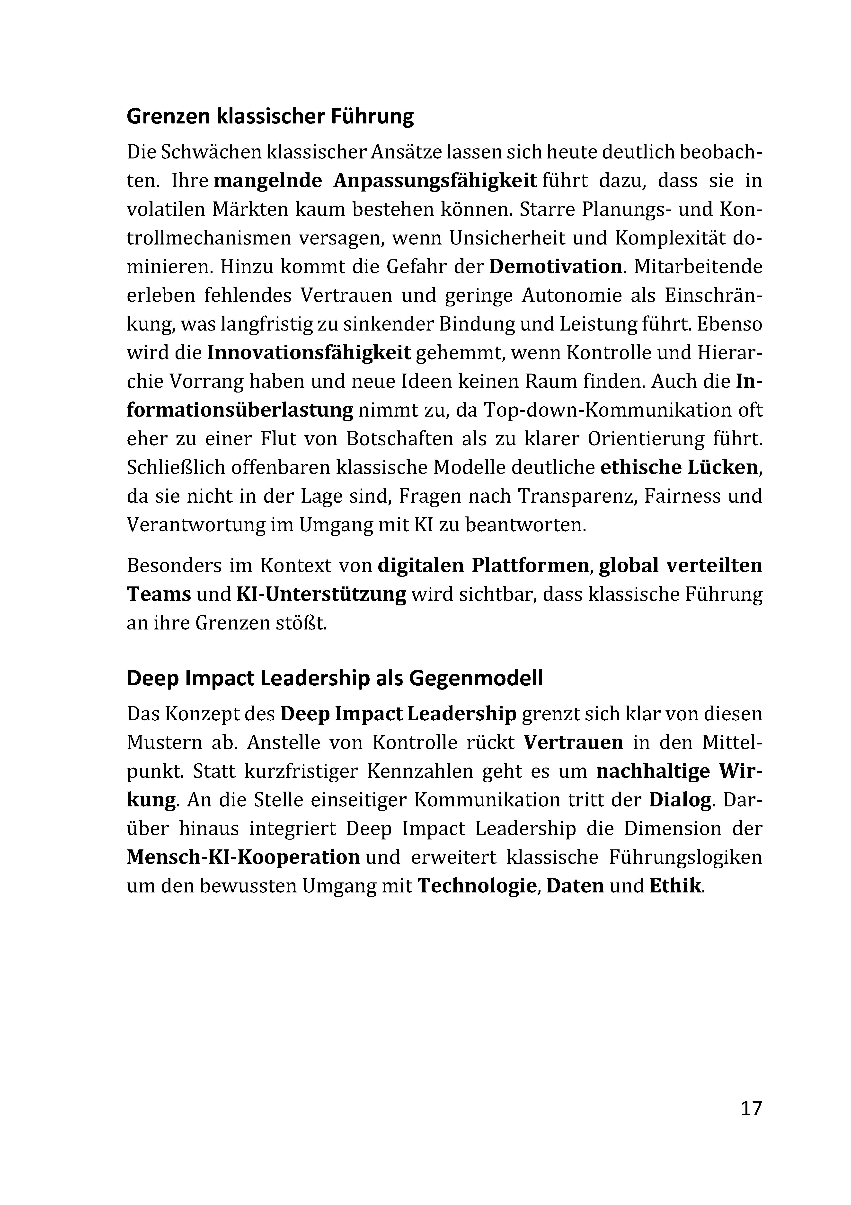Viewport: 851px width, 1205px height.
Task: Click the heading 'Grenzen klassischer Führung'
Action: [x=270, y=116]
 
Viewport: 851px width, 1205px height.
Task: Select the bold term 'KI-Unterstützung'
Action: [x=321, y=594]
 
